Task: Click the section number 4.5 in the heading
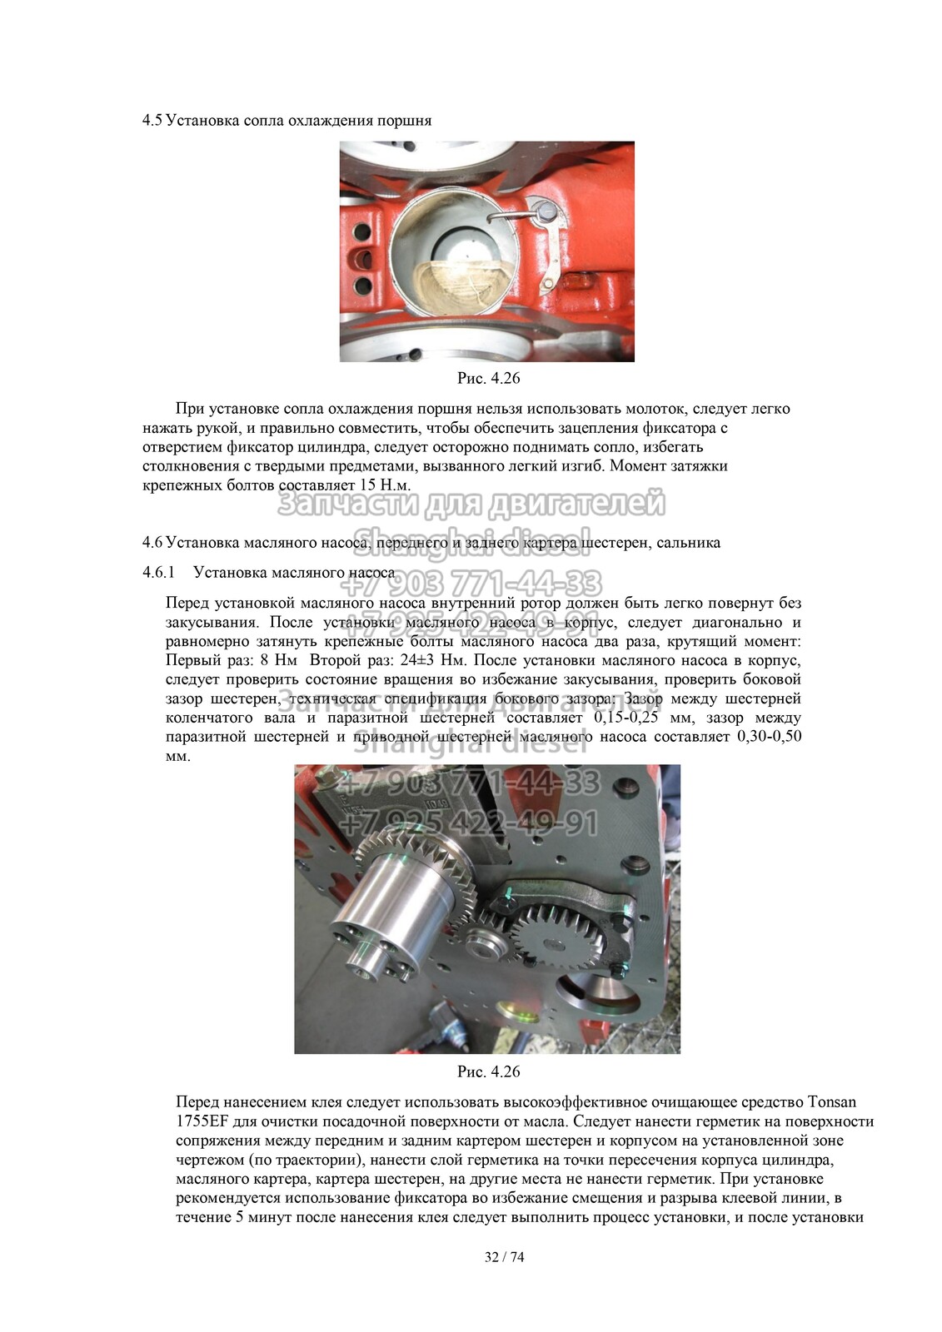click(x=151, y=120)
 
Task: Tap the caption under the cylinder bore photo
click(x=488, y=378)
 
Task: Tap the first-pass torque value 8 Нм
click(x=278, y=660)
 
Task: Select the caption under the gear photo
click(x=488, y=1071)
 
